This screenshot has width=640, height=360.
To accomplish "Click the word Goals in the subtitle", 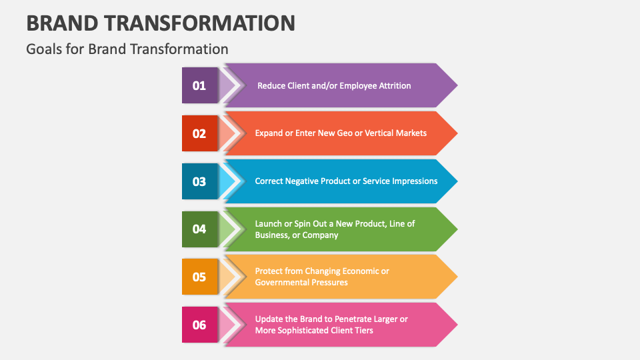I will (43, 49).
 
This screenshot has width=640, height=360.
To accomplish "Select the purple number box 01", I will (199, 85).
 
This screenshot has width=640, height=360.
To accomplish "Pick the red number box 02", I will (199, 133).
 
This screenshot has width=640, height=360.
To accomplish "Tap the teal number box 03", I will (199, 181).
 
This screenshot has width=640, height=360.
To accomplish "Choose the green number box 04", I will (199, 229).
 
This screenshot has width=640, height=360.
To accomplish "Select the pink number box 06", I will (199, 325).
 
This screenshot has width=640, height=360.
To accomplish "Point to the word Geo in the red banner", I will (345, 133).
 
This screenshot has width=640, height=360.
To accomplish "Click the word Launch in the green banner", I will (269, 224).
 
